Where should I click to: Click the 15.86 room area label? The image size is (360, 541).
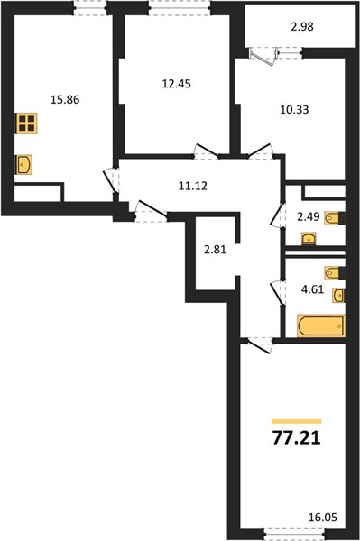click(x=65, y=100)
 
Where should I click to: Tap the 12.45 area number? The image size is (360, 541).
click(x=176, y=84)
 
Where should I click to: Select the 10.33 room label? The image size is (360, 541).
click(x=294, y=110)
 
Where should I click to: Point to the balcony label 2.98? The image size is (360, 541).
click(x=302, y=26)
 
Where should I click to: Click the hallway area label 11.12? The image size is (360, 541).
click(x=193, y=186)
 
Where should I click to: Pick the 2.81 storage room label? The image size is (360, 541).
click(x=215, y=250)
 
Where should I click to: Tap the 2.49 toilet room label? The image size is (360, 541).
click(x=309, y=217)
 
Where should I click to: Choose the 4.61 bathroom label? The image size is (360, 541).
click(x=313, y=289)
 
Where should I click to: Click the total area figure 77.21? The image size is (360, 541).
click(x=297, y=438)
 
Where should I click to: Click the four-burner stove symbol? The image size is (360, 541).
click(x=26, y=124)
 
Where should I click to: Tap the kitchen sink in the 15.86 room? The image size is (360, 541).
click(x=23, y=165)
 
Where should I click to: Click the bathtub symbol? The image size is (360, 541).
click(x=320, y=326)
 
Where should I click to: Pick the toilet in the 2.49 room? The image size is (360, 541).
click(x=334, y=218)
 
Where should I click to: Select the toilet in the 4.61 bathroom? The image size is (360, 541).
click(x=335, y=273)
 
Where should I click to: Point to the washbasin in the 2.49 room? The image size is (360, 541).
click(x=309, y=238)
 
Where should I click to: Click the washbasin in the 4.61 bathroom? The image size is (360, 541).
click(x=338, y=296)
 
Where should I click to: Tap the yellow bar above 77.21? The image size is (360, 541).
click(x=297, y=421)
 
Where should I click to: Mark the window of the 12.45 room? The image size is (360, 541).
click(x=180, y=7)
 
